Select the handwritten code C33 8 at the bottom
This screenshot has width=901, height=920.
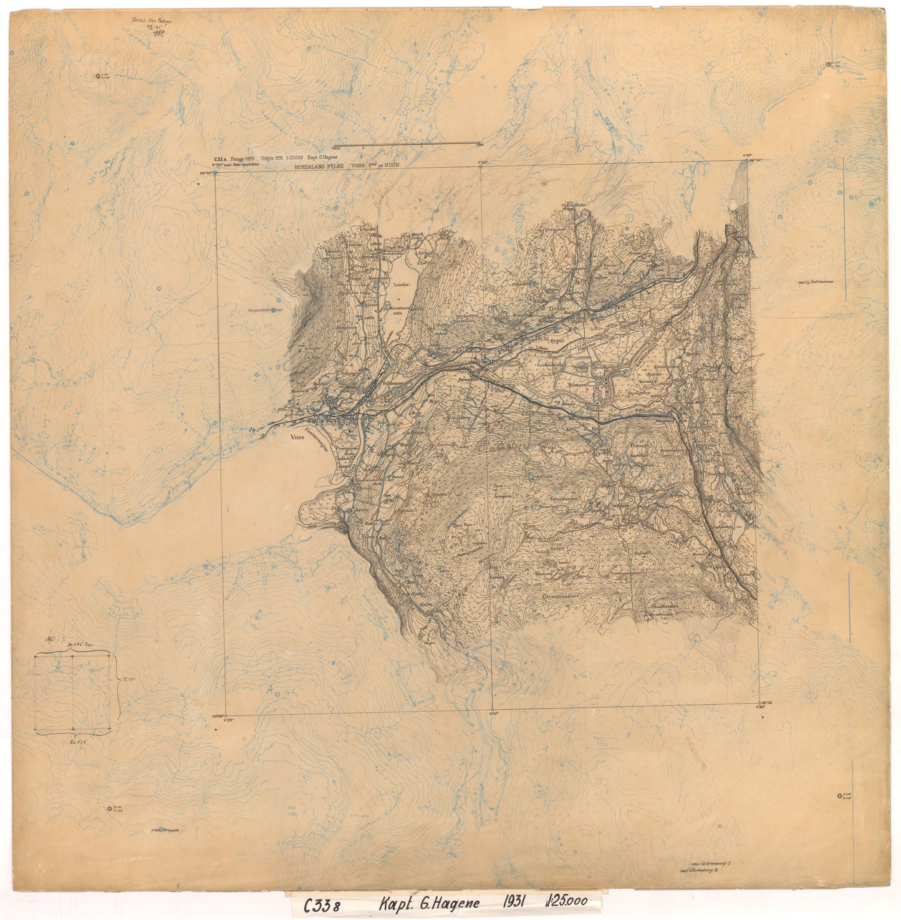[322, 905]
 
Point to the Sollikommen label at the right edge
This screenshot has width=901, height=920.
[818, 281]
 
